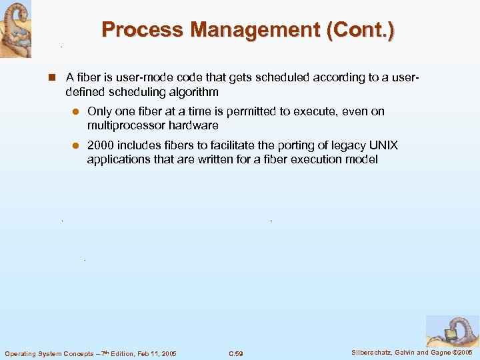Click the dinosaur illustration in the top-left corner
[15, 29]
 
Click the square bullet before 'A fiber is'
[51, 77]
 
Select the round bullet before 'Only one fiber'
[76, 112]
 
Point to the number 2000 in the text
[100, 145]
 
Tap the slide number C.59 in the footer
[235, 353]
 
